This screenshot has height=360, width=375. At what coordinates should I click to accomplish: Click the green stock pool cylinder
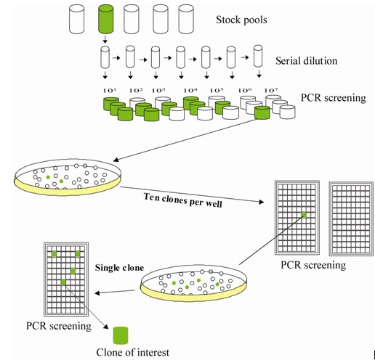pyautogui.click(x=105, y=20)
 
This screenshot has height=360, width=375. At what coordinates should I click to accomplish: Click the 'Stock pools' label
pyautogui.click(x=241, y=20)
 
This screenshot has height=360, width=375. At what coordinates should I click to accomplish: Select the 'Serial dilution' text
pyautogui.click(x=306, y=61)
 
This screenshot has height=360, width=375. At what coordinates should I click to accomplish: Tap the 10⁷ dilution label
pyautogui.click(x=271, y=91)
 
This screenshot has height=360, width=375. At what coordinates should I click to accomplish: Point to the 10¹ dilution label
pyautogui.click(x=110, y=91)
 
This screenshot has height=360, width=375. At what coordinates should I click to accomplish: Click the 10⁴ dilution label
pyautogui.click(x=190, y=91)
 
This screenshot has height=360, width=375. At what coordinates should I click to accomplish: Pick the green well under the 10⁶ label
pyautogui.click(x=262, y=112)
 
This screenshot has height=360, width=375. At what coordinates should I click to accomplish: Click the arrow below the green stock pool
pyautogui.click(x=105, y=39)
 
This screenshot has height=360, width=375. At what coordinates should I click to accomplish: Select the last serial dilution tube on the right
pyautogui.click(x=258, y=56)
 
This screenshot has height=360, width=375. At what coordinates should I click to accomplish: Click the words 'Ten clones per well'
pyautogui.click(x=183, y=200)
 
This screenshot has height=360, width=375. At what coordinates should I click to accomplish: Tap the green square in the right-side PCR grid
pyautogui.click(x=304, y=215)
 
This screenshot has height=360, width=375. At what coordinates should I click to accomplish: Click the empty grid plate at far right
pyautogui.click(x=351, y=218)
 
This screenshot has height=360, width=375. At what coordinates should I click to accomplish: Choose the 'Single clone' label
pyautogui.click(x=119, y=268)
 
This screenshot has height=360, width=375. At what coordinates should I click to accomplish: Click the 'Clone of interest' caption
pyautogui.click(x=133, y=353)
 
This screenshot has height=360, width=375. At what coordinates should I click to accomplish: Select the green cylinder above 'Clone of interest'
pyautogui.click(x=121, y=335)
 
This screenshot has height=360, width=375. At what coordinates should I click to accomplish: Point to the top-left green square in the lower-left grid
pyautogui.click(x=55, y=254)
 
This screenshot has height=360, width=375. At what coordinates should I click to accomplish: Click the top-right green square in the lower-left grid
pyautogui.click(x=78, y=254)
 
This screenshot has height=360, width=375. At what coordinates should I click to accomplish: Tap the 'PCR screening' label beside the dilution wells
pyautogui.click(x=334, y=98)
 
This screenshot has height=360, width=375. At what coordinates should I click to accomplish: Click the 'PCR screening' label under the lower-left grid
pyautogui.click(x=59, y=326)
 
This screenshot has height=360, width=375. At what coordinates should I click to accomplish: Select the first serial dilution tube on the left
pyautogui.click(x=105, y=57)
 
